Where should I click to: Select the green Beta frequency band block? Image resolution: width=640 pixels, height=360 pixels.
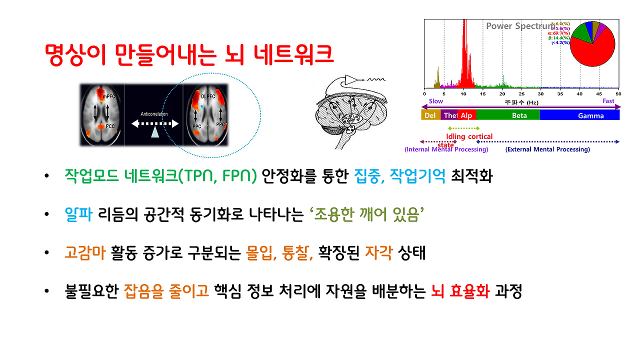507,115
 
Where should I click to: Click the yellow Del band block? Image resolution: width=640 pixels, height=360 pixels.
430,115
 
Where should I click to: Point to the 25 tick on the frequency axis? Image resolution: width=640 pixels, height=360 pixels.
521,93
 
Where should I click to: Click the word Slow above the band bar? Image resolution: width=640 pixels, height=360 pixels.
436,101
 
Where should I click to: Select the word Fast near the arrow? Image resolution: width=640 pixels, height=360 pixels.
608,101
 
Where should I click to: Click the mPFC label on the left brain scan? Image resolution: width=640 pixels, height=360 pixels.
109,95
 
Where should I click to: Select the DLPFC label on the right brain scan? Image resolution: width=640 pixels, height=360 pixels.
208,96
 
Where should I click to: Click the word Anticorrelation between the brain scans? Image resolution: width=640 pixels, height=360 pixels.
154,114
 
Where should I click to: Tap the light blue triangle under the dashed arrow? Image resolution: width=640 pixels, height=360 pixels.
155,131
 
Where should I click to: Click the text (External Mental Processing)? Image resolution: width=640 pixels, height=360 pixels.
547,149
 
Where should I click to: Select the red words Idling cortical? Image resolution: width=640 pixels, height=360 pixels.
469,136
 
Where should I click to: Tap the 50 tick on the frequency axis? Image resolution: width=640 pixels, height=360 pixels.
618,93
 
